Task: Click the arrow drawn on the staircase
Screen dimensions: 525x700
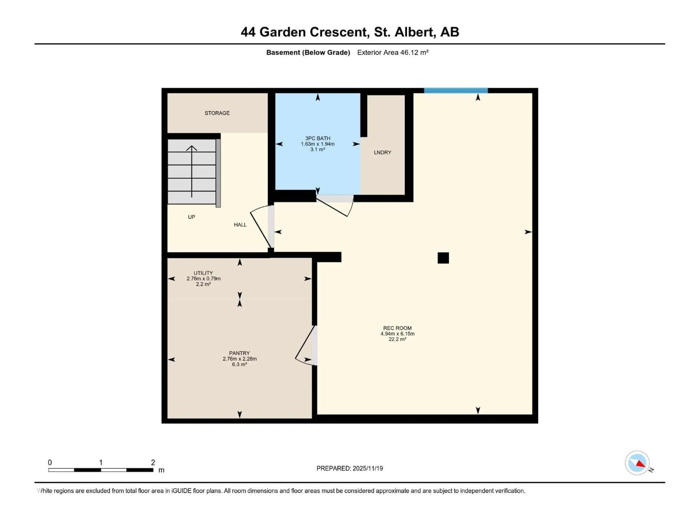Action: coord(191,171)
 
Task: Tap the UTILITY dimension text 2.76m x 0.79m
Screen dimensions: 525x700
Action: coord(203,279)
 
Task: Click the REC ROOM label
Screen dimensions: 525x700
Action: coord(397,328)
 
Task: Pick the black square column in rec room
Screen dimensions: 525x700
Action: coord(443,258)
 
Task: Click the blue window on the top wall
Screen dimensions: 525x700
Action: coord(456,90)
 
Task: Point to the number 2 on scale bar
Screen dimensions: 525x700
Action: coord(153,462)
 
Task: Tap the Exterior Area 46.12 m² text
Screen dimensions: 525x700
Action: coord(392,52)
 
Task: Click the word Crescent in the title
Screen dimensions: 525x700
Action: coord(339,32)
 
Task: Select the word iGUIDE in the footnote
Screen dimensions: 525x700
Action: coord(181,491)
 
